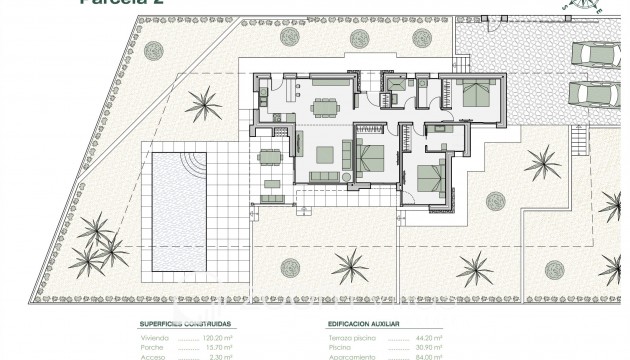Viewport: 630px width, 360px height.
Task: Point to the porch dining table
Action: pos(269,169)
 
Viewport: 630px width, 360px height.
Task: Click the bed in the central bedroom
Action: pos(371,157)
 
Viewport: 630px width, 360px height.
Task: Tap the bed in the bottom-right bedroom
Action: pos(430,177)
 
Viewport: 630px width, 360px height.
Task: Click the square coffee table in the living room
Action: pos(325,155)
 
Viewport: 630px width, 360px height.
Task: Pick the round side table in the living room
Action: pos(347,177)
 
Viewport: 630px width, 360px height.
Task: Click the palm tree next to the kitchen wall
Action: pos(206,103)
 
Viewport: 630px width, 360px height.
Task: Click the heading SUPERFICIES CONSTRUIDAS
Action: pos(186,325)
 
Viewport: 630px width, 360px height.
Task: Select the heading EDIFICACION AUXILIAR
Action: pos(364,325)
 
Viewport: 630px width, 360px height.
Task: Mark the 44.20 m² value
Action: pos(431,339)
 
